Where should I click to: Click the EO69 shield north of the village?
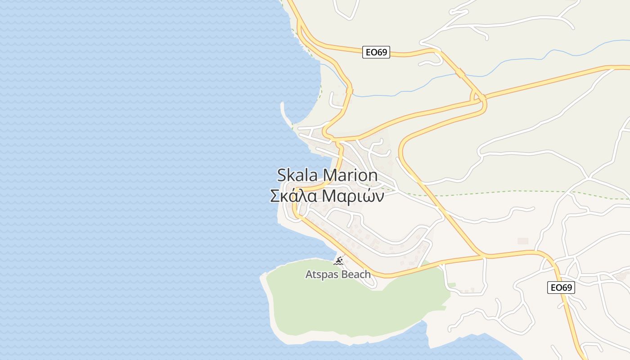click(376, 52)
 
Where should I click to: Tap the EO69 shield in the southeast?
click(561, 288)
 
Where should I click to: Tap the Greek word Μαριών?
click(354, 196)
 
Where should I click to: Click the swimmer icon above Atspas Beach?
click(339, 261)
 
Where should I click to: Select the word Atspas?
click(321, 274)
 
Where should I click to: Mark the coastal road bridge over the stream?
click(349, 91)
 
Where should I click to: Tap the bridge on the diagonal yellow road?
click(460, 72)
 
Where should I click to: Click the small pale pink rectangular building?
click(522, 241)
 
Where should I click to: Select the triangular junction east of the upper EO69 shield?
click(478, 97)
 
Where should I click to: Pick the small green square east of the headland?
click(452, 285)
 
